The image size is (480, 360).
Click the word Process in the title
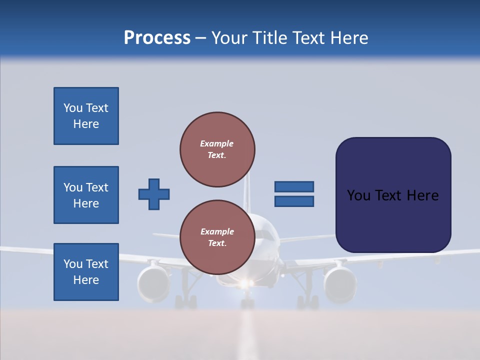point(157,38)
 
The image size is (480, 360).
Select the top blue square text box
point(86,116)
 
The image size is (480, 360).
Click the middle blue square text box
point(86,195)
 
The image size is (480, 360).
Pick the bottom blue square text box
point(86,271)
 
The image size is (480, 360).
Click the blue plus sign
point(154,194)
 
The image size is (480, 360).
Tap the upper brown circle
point(217,149)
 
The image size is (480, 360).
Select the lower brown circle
point(217,237)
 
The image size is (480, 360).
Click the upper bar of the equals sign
point(294,187)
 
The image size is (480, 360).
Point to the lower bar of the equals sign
point(294,201)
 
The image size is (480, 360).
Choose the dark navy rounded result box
point(393,195)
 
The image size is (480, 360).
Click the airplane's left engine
point(154,283)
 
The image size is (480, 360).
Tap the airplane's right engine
point(340,283)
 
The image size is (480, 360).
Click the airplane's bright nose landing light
point(245,284)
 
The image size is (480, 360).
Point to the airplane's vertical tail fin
point(246,192)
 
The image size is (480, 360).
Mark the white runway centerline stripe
point(246,335)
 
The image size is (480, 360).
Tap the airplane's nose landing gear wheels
point(247,303)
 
